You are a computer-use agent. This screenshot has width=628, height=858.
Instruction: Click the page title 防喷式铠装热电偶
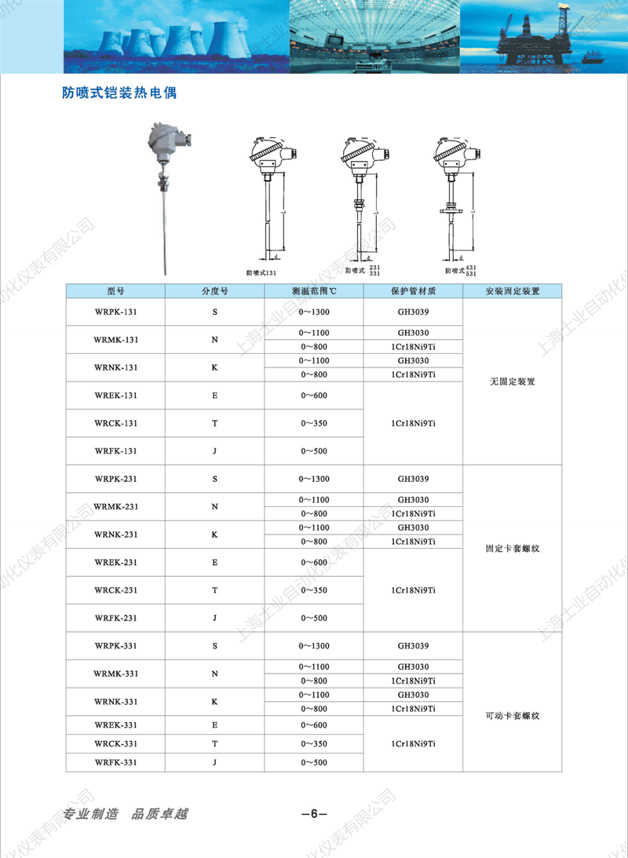[x=119, y=93]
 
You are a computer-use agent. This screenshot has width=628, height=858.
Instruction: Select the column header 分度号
[x=214, y=290]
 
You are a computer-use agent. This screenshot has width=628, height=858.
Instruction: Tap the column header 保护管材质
[x=413, y=290]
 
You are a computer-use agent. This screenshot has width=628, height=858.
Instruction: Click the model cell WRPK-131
[x=115, y=312]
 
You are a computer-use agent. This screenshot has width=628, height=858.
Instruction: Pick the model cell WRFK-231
[x=115, y=618]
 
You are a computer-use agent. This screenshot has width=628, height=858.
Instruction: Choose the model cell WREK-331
[x=115, y=725]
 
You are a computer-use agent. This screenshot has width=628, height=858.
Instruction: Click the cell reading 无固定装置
[x=512, y=382]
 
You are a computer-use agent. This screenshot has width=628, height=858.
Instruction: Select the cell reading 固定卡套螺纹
[x=512, y=548]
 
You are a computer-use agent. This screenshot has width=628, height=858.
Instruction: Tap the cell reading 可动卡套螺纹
[x=512, y=715]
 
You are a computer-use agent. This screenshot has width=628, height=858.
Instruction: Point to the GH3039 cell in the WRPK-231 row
[x=413, y=478]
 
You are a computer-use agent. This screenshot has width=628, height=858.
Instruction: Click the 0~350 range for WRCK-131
[x=313, y=423]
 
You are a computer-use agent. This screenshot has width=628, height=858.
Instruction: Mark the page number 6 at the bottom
[x=313, y=813]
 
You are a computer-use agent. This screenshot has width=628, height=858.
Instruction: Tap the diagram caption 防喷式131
[x=261, y=271]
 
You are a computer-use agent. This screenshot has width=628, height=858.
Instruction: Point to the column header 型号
[x=115, y=290]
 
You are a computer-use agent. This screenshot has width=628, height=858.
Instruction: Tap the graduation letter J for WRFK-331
[x=214, y=761]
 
